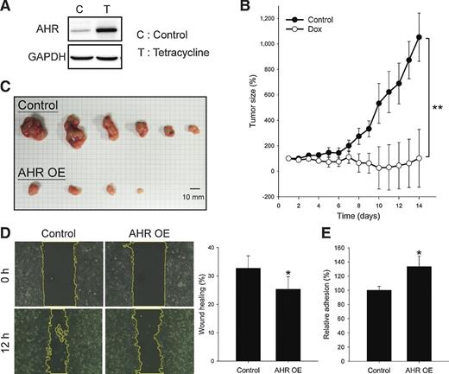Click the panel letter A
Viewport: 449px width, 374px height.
[6, 7]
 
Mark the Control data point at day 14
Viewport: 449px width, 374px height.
[419, 37]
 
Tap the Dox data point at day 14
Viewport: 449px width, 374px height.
[419, 157]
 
